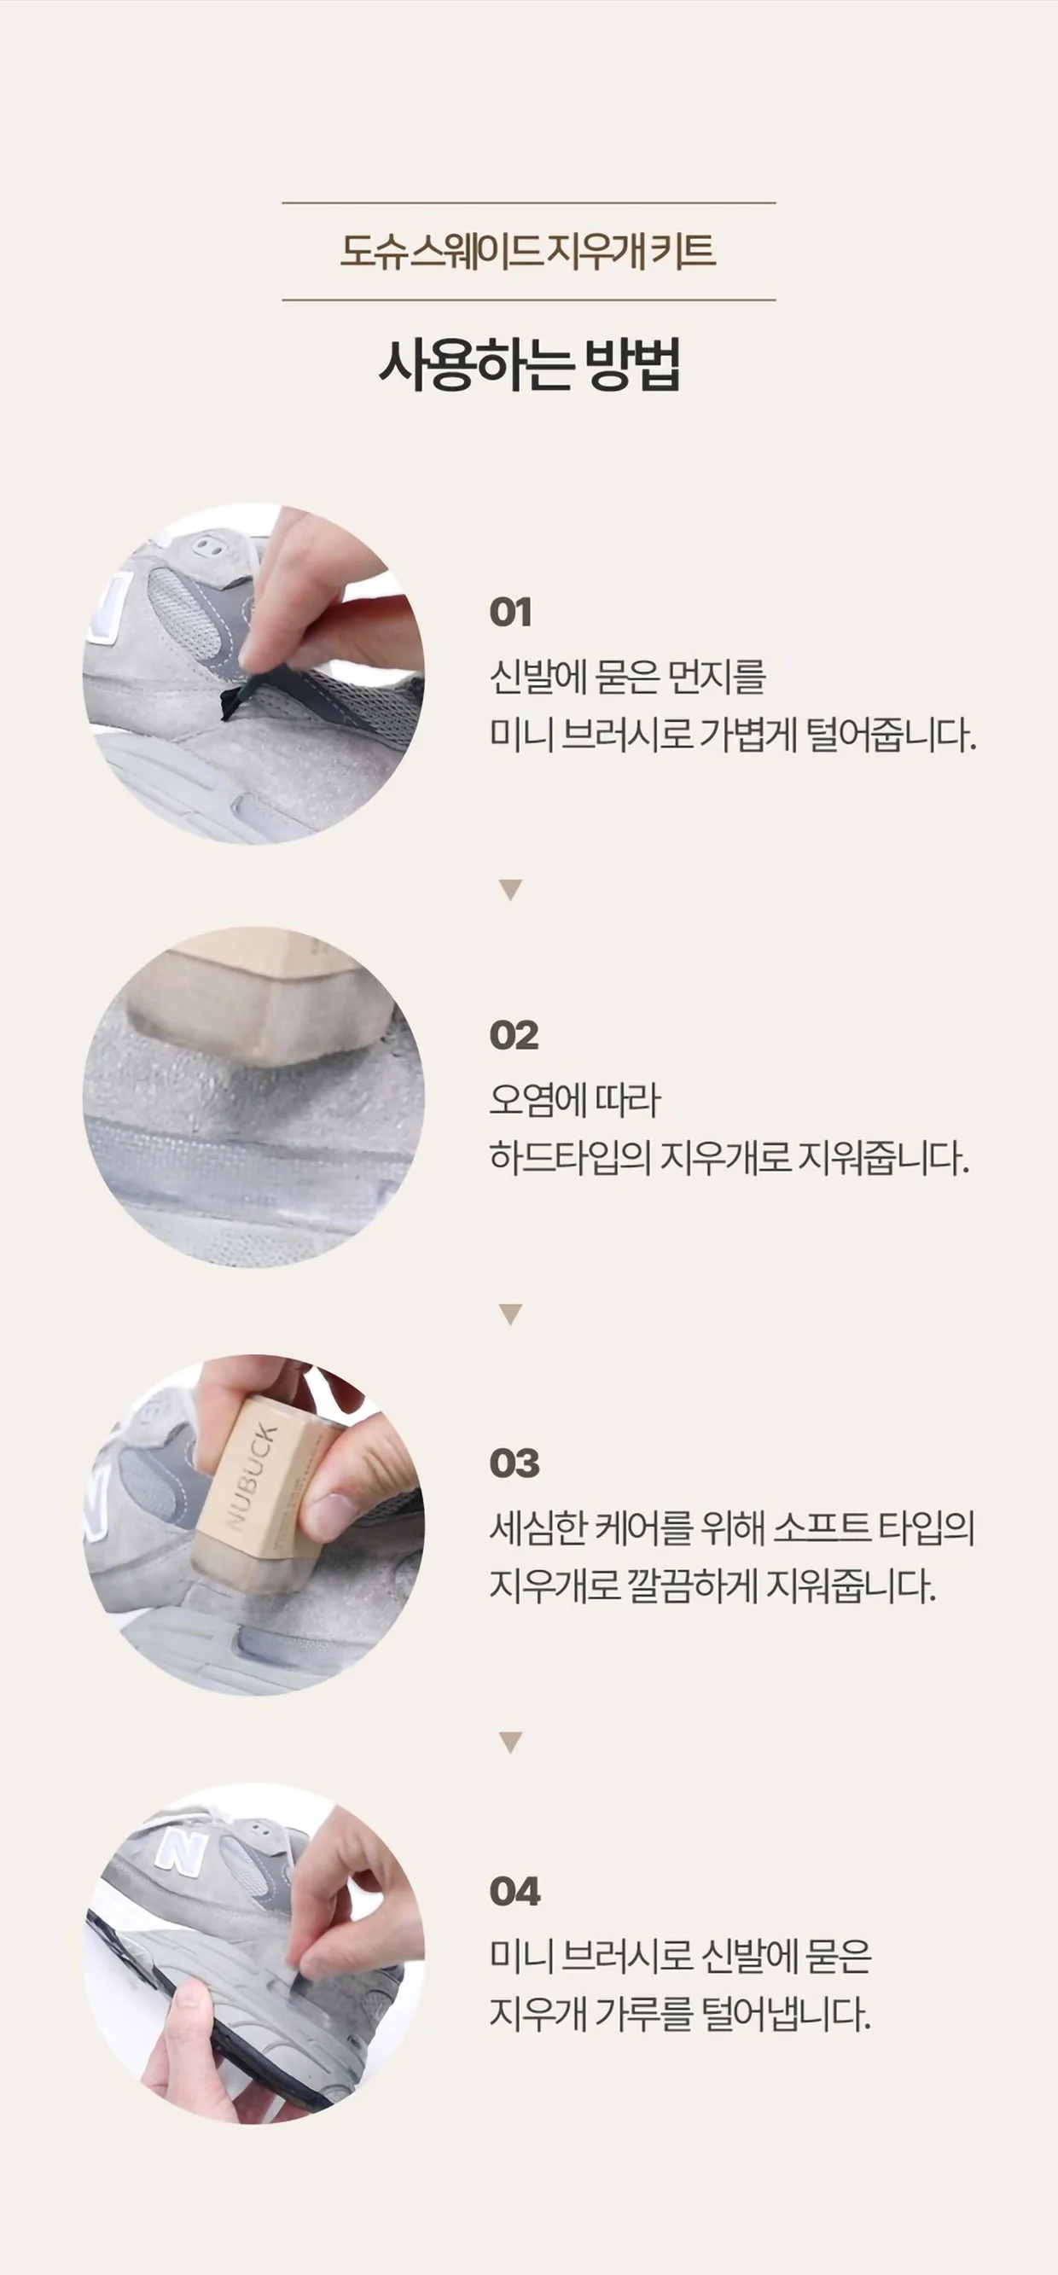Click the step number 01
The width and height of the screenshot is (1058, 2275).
(x=510, y=612)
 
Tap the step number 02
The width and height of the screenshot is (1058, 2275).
(x=513, y=1035)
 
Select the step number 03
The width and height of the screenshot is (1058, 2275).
(x=514, y=1463)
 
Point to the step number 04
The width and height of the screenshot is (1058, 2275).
(x=514, y=1892)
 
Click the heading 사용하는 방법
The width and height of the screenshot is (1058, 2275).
(x=530, y=364)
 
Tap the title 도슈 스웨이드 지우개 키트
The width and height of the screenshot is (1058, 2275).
(x=528, y=251)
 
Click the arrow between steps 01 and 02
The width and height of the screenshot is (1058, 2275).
(x=510, y=889)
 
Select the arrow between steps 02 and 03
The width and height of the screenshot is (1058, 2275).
(x=510, y=1313)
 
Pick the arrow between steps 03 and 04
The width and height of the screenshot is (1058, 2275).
(x=510, y=1742)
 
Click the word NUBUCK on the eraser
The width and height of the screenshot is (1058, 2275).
(x=252, y=1475)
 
